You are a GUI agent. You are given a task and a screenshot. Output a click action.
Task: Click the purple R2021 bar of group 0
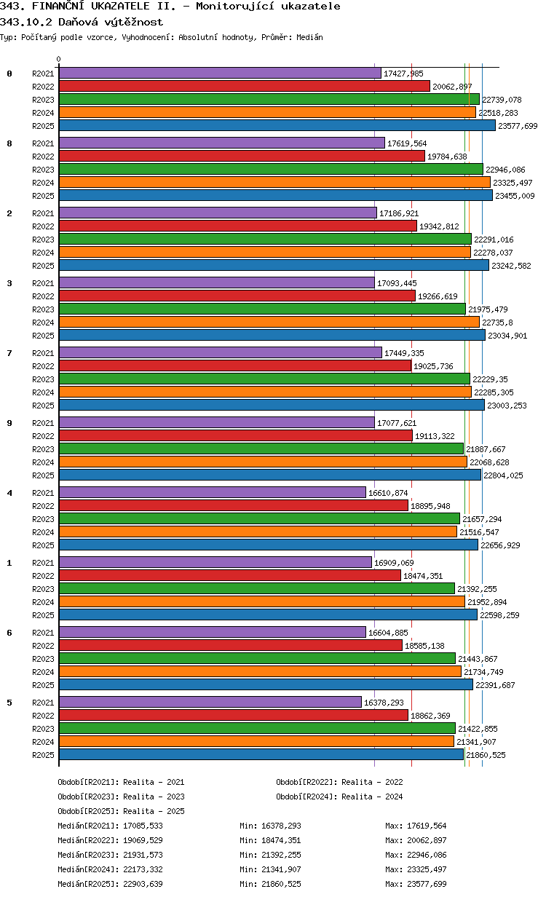pyautogui.click(x=220, y=74)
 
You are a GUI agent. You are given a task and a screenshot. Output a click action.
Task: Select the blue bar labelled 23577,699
pyautogui.click(x=277, y=126)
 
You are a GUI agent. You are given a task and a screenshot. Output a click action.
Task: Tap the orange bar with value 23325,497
pyautogui.click(x=274, y=183)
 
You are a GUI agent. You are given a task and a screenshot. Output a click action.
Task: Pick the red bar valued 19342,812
pyautogui.click(x=237, y=226)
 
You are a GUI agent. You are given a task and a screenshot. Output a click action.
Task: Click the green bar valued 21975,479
pyautogui.click(x=262, y=309)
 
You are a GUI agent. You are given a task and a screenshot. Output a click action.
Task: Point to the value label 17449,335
pyautogui.click(x=404, y=353)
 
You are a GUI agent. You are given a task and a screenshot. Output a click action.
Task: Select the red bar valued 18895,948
pyautogui.click(x=233, y=506)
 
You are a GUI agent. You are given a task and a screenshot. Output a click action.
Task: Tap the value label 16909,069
pyautogui.click(x=394, y=563)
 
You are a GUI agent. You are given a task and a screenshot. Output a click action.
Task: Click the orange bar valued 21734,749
pyautogui.click(x=260, y=672)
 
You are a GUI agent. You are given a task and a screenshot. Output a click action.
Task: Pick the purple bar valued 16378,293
pyautogui.click(x=210, y=703)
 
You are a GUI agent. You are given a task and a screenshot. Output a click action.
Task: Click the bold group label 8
pyautogui.click(x=9, y=143)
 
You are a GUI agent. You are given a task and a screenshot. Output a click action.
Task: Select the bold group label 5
pyautogui.click(x=9, y=703)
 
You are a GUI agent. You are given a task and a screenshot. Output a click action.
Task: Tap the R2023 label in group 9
pyautogui.click(x=44, y=449)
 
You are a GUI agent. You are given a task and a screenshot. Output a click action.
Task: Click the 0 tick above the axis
pyautogui.click(x=59, y=60)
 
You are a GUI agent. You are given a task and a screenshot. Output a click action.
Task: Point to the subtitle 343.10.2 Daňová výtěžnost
pyautogui.click(x=82, y=22)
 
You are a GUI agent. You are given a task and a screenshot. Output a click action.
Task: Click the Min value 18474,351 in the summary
pyautogui.click(x=280, y=840)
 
